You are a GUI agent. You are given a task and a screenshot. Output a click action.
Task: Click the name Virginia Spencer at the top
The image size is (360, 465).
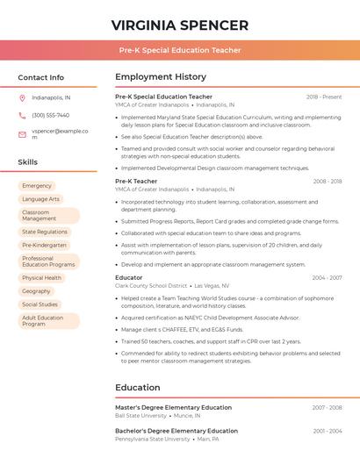[179, 25]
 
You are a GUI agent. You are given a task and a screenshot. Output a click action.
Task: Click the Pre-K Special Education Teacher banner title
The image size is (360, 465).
[179, 50]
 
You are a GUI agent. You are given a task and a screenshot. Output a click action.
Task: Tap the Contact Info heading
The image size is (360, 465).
[40, 77]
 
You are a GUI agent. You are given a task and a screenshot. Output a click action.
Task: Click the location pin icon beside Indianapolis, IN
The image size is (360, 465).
[22, 97]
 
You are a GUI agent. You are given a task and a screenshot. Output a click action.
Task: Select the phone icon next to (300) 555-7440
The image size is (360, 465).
[22, 115]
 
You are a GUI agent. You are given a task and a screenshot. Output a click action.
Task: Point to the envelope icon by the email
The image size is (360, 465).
[22, 134]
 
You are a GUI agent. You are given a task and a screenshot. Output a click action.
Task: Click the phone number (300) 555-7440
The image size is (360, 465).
[50, 115]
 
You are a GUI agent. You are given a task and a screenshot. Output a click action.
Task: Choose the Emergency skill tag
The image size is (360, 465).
[37, 186]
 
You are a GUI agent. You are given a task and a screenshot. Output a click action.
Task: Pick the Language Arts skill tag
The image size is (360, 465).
[40, 199]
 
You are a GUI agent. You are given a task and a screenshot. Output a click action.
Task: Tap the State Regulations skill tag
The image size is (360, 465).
[44, 232]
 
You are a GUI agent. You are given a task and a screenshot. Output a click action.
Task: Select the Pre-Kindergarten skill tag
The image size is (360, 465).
[44, 245]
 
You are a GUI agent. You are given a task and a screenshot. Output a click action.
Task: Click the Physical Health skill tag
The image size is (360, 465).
[41, 278]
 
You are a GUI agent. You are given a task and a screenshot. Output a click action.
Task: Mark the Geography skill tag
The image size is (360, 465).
[36, 291]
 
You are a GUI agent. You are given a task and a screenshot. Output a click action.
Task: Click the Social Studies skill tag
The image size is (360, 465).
[40, 304]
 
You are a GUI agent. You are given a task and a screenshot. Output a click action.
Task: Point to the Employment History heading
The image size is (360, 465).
[161, 77]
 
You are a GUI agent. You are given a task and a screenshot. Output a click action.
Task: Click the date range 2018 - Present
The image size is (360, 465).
[324, 97]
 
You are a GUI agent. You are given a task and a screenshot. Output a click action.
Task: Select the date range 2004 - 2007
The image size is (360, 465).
[327, 278]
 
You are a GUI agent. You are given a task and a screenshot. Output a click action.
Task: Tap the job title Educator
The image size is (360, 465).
[128, 278]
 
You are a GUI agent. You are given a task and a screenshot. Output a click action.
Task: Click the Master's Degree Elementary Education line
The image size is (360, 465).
[173, 408]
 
